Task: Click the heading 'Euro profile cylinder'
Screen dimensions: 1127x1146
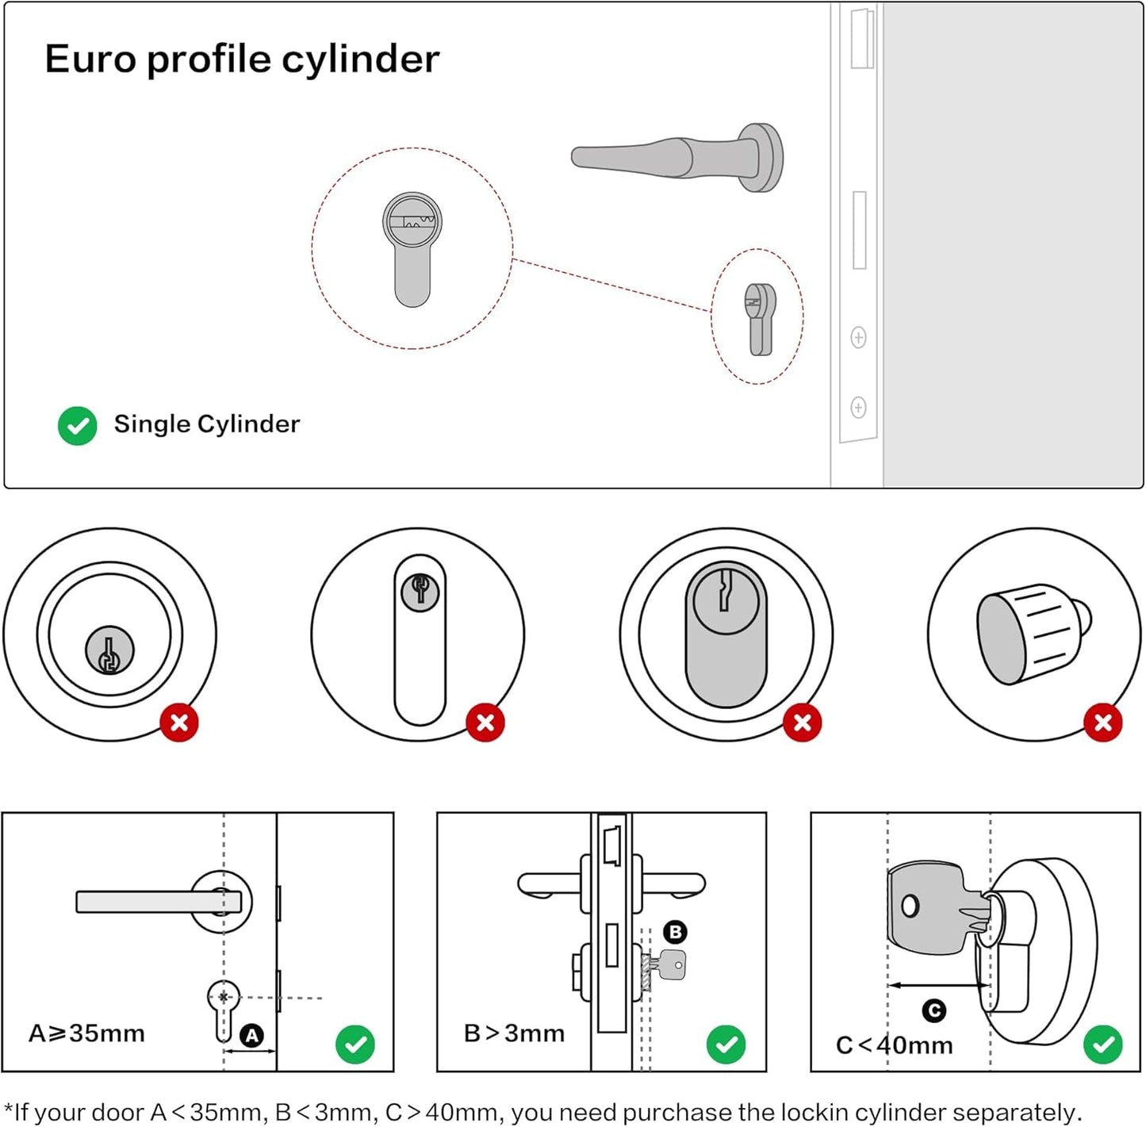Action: point(242,59)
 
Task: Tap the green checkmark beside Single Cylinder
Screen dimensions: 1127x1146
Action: point(78,426)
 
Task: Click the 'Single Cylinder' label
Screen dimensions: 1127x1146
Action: point(207,424)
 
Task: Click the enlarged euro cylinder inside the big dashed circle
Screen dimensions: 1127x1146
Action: point(412,249)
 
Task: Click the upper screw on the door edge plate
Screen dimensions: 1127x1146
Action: point(858,337)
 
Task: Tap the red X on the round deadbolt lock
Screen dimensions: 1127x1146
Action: point(179,723)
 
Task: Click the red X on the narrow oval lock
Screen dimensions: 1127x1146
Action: point(485,723)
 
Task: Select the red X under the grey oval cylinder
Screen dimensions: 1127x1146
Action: point(802,723)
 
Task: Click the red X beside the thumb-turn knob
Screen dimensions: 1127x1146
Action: point(1102,723)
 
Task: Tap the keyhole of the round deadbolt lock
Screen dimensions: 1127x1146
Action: point(109,651)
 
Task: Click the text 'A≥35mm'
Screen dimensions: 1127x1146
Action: point(87,1033)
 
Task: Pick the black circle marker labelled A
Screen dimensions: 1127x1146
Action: point(251,1035)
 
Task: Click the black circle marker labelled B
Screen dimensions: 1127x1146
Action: point(675,932)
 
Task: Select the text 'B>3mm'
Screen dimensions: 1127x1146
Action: point(515,1033)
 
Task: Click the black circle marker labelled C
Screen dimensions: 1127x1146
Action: point(934,1011)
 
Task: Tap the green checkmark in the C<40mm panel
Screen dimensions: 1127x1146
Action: point(1102,1045)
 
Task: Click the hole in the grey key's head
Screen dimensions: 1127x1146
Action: point(910,906)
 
